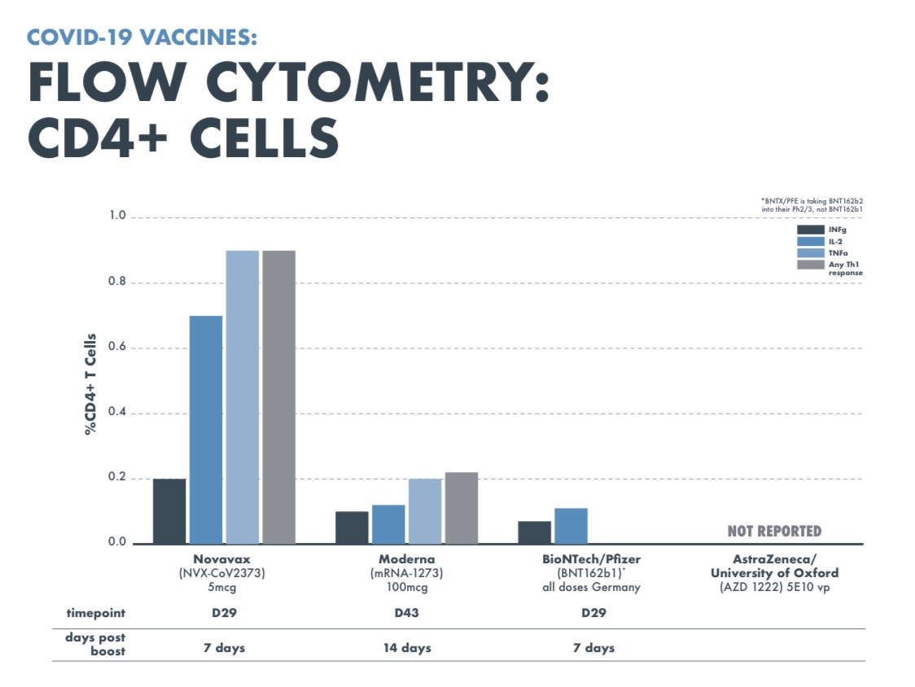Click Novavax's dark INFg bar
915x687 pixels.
(x=169, y=511)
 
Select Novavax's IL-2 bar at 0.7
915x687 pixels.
(x=206, y=430)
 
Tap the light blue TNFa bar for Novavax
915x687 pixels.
(x=242, y=397)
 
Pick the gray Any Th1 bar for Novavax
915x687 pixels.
(x=278, y=397)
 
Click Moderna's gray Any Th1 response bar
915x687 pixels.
(x=461, y=508)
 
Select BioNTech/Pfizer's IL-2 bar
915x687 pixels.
(x=571, y=526)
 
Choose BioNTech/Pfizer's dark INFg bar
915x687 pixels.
(x=534, y=532)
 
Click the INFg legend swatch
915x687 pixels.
(x=811, y=230)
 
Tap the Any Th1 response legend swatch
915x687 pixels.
(x=811, y=265)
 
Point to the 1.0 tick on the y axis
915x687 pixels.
(x=118, y=217)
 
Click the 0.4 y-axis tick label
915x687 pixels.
(x=118, y=413)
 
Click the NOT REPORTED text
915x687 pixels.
(x=774, y=532)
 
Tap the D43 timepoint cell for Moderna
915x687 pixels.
(x=406, y=613)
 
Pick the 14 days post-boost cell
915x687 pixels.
(x=407, y=648)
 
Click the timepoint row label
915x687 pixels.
(x=96, y=613)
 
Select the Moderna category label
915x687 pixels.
(x=406, y=559)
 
